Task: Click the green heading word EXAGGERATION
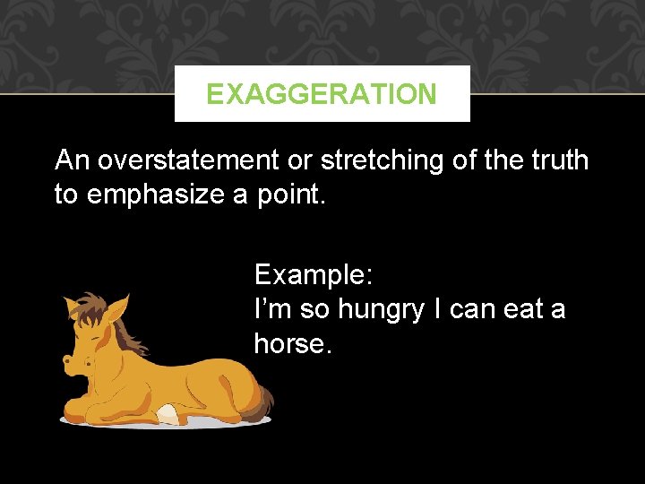322,94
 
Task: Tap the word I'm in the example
272,309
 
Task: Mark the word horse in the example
292,342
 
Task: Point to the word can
470,309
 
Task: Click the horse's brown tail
262,403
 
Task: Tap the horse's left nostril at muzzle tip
66,362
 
